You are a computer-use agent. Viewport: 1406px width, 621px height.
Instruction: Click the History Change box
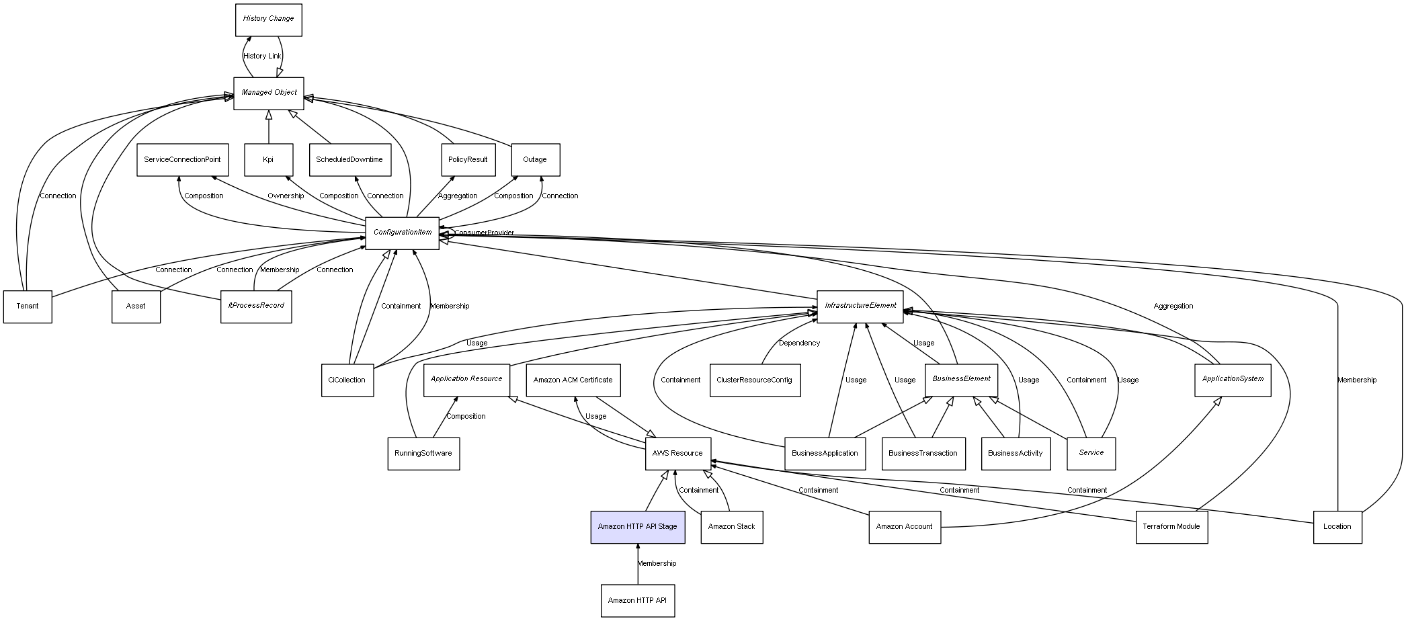268,19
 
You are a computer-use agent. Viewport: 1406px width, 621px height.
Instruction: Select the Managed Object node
269,93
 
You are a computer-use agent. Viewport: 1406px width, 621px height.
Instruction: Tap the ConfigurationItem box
402,233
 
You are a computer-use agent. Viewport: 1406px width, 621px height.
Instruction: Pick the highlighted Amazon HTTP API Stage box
637,527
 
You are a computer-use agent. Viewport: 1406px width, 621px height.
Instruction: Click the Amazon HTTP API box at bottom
637,600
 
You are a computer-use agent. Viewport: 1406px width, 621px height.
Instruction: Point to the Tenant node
28,306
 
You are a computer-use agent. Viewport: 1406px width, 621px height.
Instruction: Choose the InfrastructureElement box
860,306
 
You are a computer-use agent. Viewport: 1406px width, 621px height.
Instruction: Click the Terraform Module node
1171,527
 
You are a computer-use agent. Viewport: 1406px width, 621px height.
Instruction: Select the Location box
1337,527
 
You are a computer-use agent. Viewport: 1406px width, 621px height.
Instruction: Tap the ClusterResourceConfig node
754,380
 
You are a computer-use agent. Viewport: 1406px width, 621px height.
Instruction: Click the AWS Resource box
677,454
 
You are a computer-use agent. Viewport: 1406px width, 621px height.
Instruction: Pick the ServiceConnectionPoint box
182,160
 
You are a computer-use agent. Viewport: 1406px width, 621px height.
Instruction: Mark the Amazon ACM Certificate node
573,380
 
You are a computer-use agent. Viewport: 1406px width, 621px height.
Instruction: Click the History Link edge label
262,56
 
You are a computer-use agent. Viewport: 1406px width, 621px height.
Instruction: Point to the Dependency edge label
799,343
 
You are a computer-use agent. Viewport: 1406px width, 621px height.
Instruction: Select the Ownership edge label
286,196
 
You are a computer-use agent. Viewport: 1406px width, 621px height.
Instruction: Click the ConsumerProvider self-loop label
484,233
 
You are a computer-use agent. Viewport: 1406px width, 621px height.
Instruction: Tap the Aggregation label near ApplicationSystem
1173,306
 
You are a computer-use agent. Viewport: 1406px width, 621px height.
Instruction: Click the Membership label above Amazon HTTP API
657,564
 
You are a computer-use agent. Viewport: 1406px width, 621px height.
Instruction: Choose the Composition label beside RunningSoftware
466,417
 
